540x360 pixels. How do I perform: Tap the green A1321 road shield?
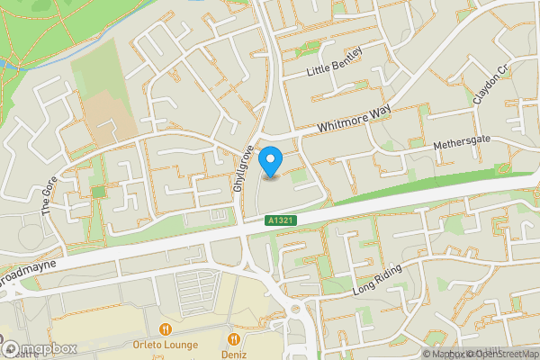click(x=279, y=220)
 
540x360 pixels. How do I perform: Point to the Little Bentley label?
click(x=334, y=61)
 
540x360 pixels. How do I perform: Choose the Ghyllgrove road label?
click(x=239, y=172)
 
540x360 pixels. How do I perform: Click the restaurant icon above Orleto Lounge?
click(x=165, y=329)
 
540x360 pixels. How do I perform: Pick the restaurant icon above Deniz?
click(x=234, y=339)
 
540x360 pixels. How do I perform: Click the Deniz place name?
click(x=234, y=354)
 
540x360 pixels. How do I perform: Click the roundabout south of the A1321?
click(x=294, y=313)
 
